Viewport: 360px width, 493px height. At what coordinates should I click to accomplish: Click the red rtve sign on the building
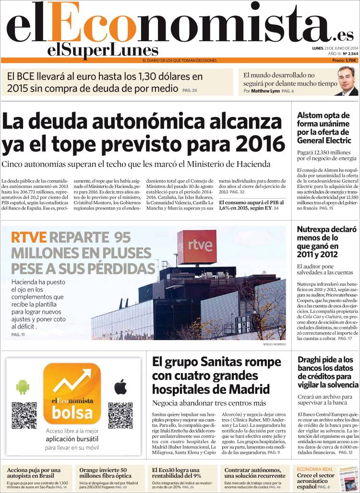tap(197, 246)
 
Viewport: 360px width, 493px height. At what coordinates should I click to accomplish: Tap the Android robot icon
tap(23, 387)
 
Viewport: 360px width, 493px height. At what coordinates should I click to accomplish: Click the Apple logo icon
tap(120, 387)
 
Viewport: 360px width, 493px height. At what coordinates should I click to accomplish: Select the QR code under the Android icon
tap(24, 415)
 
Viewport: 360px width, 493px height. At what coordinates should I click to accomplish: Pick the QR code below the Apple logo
tap(120, 415)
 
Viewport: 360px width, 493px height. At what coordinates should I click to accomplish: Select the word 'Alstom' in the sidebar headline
tap(311, 116)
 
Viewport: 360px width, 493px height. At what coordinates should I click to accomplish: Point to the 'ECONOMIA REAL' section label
tap(315, 469)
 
